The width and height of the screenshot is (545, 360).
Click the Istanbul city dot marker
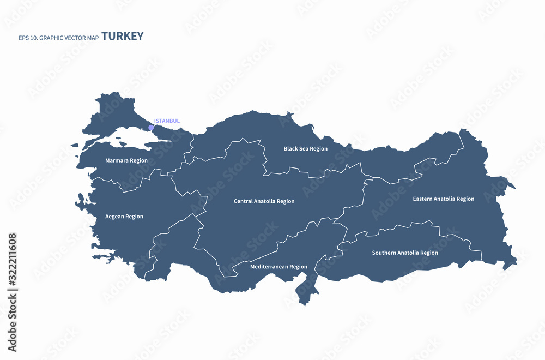(151, 128)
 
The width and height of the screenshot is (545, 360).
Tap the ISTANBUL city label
(167, 121)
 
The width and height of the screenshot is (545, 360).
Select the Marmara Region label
(126, 161)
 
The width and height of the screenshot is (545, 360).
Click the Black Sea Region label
(306, 149)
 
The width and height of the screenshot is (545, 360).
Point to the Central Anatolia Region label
(264, 201)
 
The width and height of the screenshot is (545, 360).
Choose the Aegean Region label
(124, 217)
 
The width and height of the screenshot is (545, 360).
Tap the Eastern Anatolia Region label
(443, 199)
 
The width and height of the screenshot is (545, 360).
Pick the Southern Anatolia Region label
(405, 253)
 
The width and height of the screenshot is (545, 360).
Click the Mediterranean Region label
(278, 267)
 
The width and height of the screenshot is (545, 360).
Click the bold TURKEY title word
(123, 37)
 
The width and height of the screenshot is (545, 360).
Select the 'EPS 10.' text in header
(29, 38)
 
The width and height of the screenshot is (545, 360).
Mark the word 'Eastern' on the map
(423, 199)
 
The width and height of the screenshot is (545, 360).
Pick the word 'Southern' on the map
(384, 253)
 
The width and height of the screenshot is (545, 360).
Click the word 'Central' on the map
(243, 201)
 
